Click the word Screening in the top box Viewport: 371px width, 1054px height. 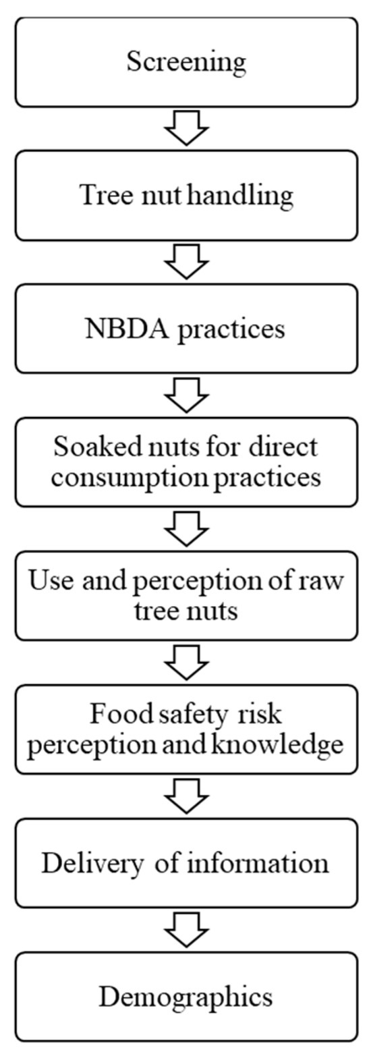[x=186, y=62]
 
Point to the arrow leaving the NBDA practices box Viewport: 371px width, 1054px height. [x=185, y=395]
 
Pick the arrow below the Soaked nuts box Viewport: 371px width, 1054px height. [x=185, y=529]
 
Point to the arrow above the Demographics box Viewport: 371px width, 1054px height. [x=185, y=930]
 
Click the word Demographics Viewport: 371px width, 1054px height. [x=185, y=997]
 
